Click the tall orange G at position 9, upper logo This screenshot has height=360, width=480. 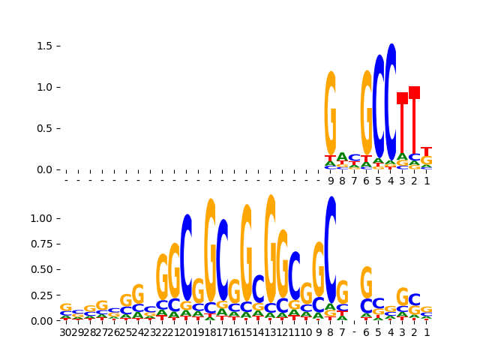tap(331, 112)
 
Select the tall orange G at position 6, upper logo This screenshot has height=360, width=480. tap(367, 112)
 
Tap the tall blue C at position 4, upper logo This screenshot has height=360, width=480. tap(391, 101)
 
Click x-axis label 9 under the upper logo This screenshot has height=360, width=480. tap(331, 181)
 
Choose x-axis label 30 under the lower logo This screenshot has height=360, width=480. tap(66, 332)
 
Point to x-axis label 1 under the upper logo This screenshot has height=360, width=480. tap(427, 181)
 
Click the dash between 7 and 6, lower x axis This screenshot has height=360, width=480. tap(355, 332)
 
